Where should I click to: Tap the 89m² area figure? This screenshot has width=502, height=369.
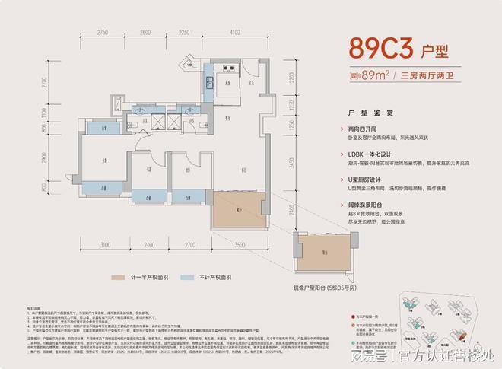coord(374,75)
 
